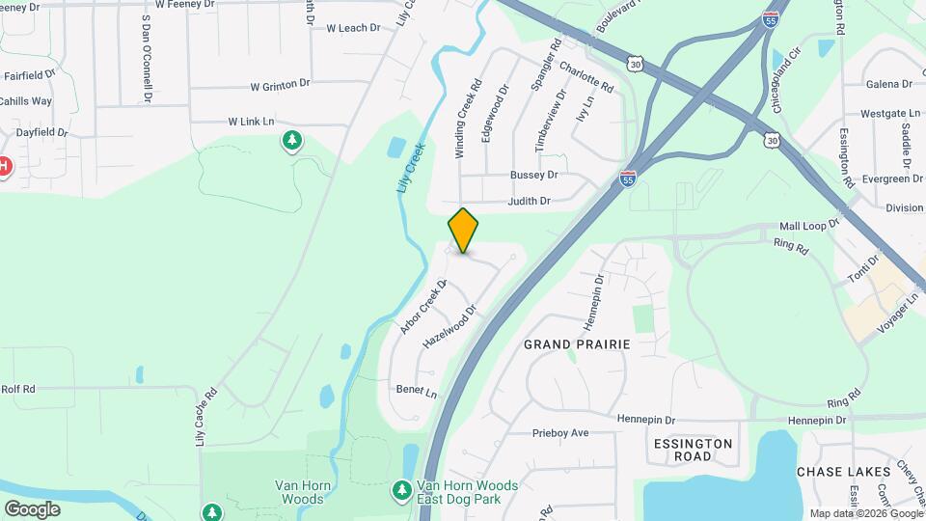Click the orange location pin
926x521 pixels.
tap(463, 230)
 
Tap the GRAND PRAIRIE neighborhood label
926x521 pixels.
tap(577, 344)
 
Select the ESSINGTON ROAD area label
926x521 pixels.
tap(693, 450)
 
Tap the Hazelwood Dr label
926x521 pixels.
tap(450, 329)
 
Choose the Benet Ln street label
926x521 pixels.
tap(417, 394)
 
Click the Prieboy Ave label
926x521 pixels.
tap(560, 433)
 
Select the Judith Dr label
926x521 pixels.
tap(531, 202)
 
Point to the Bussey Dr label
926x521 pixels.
tap(534, 176)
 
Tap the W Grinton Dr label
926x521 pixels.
tap(280, 86)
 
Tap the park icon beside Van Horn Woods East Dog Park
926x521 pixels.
tap(401, 491)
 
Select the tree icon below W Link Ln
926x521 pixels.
tap(291, 143)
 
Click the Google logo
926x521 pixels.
tap(32, 509)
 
